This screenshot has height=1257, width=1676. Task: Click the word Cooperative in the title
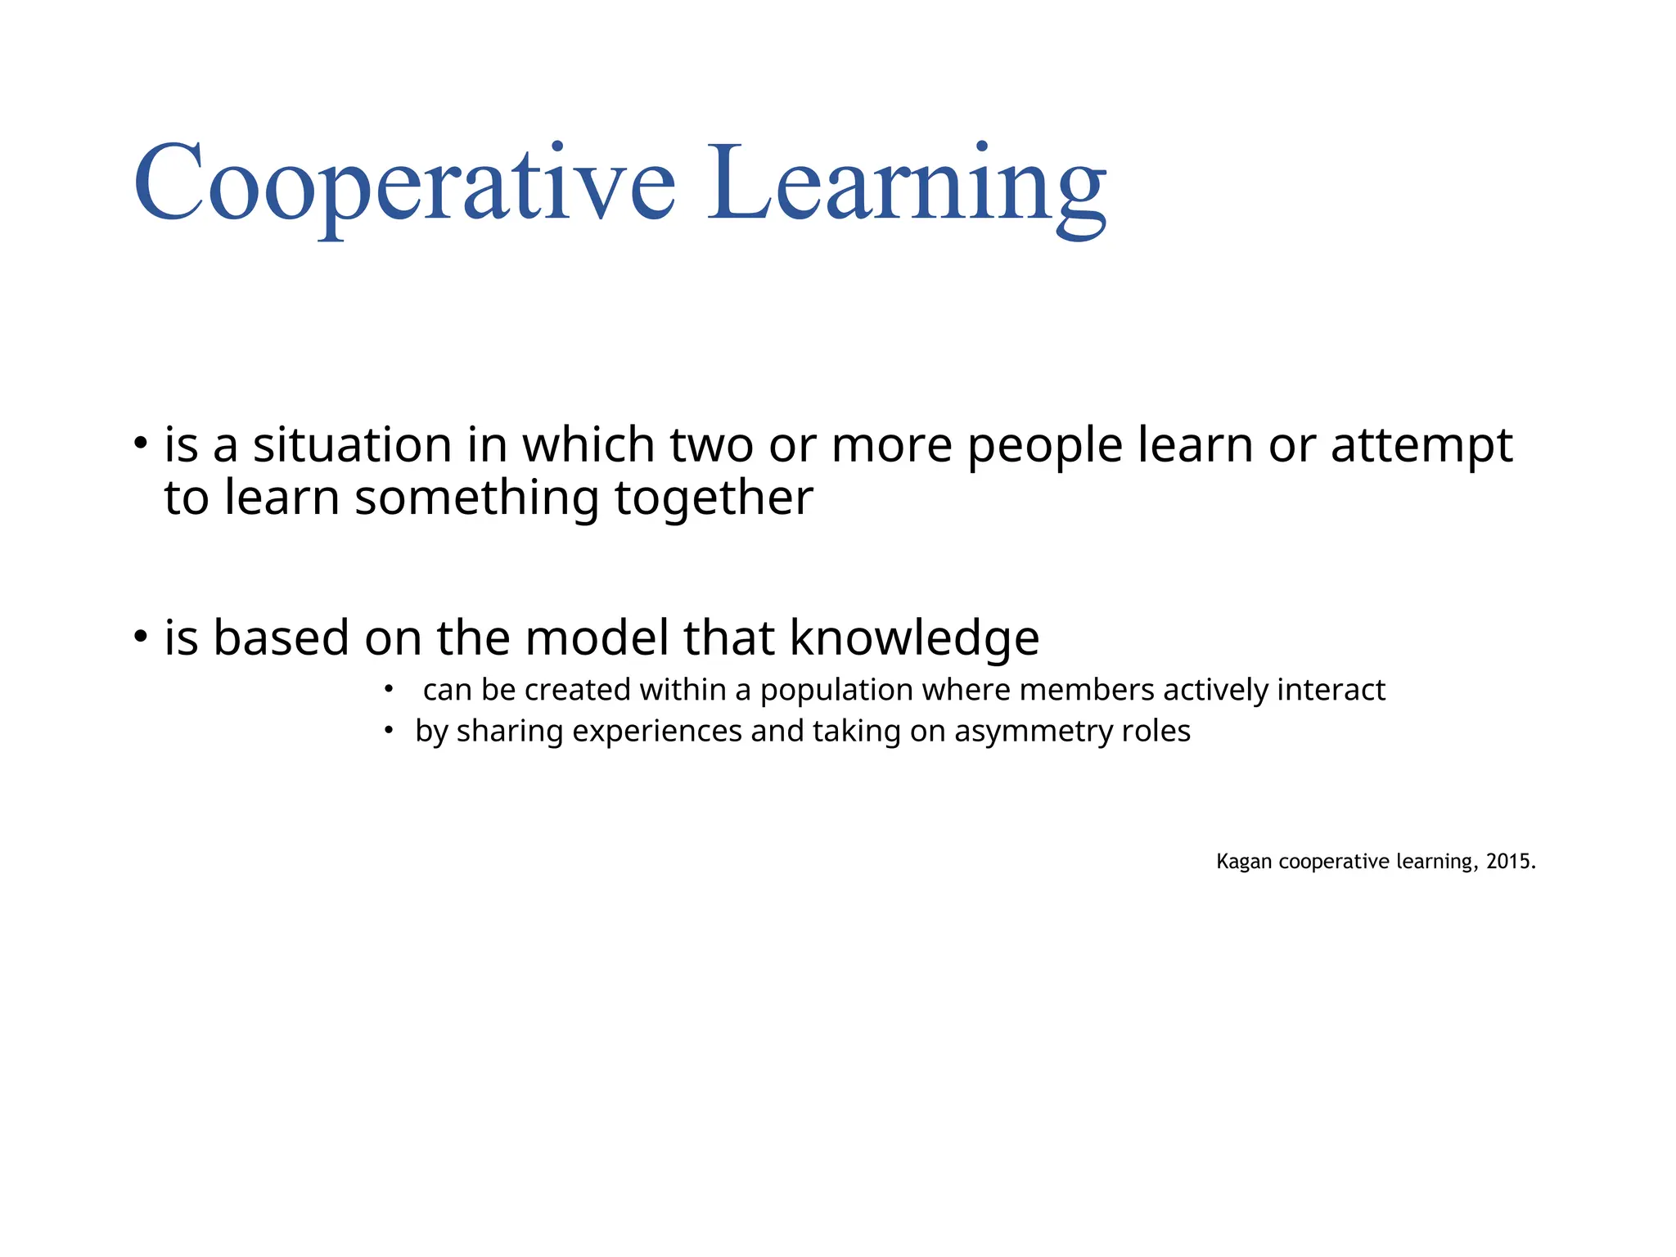(404, 184)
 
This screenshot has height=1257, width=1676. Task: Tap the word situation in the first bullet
(352, 446)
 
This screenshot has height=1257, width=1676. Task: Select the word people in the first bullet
(1045, 448)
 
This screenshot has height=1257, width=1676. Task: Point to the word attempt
(1421, 448)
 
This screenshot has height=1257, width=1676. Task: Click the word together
(714, 499)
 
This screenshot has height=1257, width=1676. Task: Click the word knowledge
(914, 638)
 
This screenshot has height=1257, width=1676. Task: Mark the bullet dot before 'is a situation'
(142, 444)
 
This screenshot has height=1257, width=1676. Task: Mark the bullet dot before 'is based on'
(142, 636)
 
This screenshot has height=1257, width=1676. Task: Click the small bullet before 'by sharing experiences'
(390, 729)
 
